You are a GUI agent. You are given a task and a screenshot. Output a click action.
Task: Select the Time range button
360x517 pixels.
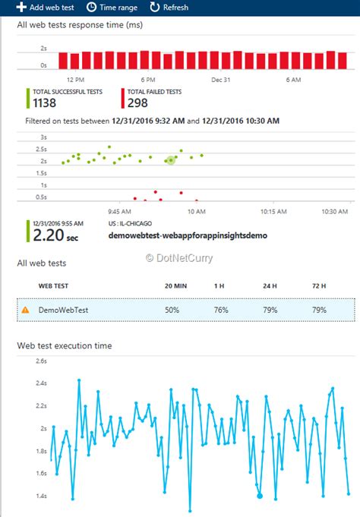click(x=113, y=7)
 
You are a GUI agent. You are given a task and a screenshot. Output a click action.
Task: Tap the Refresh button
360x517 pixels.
click(x=169, y=7)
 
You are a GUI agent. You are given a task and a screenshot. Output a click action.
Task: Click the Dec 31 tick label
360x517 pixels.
click(x=221, y=78)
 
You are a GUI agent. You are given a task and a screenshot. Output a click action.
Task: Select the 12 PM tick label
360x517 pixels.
click(x=75, y=78)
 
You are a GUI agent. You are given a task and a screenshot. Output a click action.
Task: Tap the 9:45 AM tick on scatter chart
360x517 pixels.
click(x=120, y=211)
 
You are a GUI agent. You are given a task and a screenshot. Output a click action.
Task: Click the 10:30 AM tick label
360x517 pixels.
click(x=334, y=211)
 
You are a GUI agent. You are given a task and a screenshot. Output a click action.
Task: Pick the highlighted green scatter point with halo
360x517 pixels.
click(x=171, y=159)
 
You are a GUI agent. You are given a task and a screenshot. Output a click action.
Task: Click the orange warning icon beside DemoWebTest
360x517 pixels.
click(x=25, y=310)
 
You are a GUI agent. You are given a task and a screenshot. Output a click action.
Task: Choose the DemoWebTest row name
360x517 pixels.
click(x=65, y=310)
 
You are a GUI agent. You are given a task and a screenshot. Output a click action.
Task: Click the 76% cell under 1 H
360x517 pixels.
click(x=220, y=310)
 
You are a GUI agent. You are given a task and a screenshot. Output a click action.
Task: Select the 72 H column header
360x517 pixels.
click(x=319, y=285)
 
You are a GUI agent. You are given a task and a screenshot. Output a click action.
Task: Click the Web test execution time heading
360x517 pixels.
click(x=65, y=345)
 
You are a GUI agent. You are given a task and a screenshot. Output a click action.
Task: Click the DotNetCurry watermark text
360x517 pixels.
click(x=180, y=257)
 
